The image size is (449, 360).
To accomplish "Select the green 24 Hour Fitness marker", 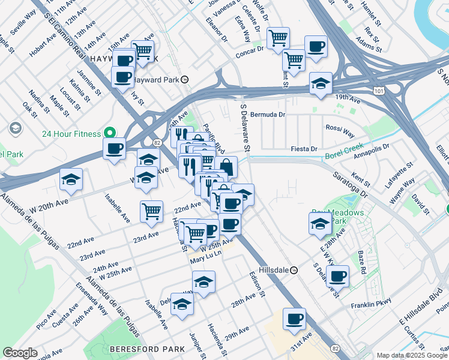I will point(110,133).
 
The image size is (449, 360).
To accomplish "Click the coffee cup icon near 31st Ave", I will point(294,319).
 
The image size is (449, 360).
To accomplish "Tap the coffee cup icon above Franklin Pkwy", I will point(338,276).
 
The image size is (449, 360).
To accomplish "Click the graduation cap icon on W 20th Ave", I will point(71,179).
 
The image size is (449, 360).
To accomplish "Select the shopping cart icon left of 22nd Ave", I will point(151,211).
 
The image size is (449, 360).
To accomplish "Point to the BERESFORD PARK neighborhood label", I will point(139,349).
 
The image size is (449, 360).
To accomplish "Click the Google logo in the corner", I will point(19,353).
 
